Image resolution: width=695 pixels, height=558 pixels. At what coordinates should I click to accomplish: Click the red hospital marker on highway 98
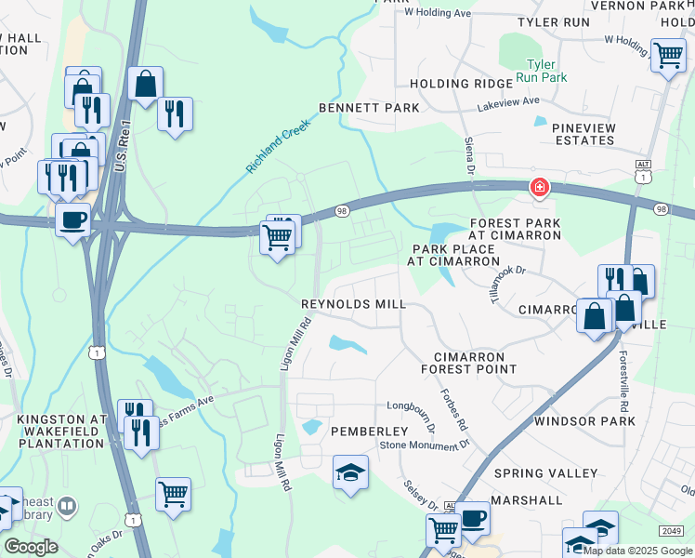click(538, 189)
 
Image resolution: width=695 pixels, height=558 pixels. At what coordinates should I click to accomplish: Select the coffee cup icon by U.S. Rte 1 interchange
click(72, 220)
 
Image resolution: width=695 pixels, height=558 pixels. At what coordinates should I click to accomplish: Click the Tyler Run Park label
click(541, 71)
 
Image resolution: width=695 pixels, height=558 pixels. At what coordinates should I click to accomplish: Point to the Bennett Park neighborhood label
click(369, 108)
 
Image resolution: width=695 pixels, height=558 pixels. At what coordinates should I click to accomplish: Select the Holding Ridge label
click(460, 84)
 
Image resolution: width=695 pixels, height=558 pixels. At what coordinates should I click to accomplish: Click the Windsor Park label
click(584, 421)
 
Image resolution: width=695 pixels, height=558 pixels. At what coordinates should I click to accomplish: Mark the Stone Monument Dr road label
click(424, 446)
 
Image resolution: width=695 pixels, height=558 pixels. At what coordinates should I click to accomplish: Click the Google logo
click(31, 547)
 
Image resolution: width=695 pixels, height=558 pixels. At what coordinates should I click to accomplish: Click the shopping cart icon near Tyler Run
click(668, 55)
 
